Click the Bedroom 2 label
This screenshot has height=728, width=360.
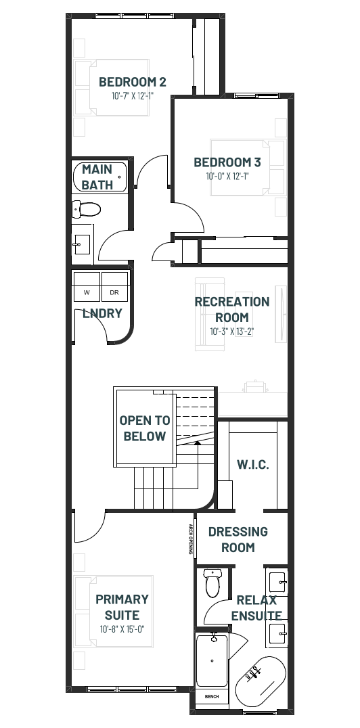pyautogui.click(x=133, y=82)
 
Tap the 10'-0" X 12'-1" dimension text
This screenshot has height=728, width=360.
pyautogui.click(x=227, y=177)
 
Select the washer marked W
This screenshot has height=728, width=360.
pyautogui.click(x=87, y=286)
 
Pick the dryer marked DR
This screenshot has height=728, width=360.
pyautogui.click(x=114, y=286)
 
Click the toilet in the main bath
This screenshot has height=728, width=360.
pyautogui.click(x=87, y=209)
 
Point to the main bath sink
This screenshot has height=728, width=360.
pyautogui.click(x=82, y=244)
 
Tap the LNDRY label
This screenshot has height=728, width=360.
pyautogui.click(x=102, y=313)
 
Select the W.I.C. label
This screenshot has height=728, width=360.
pyautogui.click(x=252, y=464)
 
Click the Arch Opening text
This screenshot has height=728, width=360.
pyautogui.click(x=191, y=539)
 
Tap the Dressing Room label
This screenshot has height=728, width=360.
pyautogui.click(x=238, y=539)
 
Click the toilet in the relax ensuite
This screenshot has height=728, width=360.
pyautogui.click(x=212, y=583)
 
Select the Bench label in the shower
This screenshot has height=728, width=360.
pyautogui.click(x=212, y=696)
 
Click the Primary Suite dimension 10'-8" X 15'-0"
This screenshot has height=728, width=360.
pyautogui.click(x=122, y=630)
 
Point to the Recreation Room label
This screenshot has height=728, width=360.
pyautogui.click(x=232, y=310)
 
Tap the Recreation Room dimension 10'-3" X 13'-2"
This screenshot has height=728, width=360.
pyautogui.click(x=232, y=332)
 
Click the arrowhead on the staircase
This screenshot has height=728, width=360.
pyautogui.click(x=198, y=443)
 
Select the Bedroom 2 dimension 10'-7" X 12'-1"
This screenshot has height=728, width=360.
pyautogui.click(x=133, y=96)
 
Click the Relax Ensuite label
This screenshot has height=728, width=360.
pyautogui.click(x=256, y=608)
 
